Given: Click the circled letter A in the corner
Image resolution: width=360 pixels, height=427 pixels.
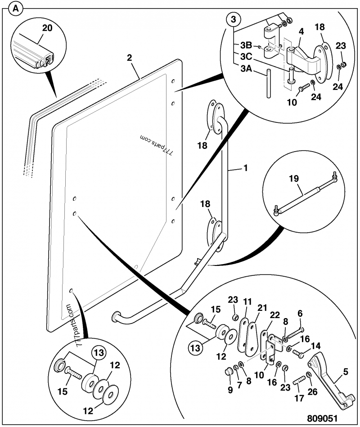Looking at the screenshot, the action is tap(16, 9).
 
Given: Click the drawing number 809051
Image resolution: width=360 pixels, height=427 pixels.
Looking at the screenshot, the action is tap(322, 418).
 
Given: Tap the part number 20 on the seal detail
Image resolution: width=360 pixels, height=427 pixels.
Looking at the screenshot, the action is tap(47, 28).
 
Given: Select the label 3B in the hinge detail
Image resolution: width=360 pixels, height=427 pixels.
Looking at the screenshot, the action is tap(246, 45).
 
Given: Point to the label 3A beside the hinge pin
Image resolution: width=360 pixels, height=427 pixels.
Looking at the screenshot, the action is tap(246, 68).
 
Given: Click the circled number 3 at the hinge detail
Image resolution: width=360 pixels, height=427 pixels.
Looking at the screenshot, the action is tap(234, 20).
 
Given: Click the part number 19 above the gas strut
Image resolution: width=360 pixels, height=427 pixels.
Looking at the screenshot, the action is tap(294, 179).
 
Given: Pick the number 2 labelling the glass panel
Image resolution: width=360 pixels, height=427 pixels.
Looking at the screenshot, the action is tap(129, 58).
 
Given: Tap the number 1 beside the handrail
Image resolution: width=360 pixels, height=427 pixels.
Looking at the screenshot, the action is tap(246, 168).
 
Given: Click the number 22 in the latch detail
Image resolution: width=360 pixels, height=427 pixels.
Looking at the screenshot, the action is tap(275, 315).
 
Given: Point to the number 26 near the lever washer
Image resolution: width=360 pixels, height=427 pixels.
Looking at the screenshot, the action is tap(312, 391).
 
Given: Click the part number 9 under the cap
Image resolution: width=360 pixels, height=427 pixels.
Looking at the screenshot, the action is tap(230, 390).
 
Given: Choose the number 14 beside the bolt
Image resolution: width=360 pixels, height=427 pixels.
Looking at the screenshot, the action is tap(315, 346).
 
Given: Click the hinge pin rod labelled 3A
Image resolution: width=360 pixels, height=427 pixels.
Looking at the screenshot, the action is tap(269, 83).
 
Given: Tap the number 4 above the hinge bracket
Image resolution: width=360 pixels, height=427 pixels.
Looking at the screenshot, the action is tap(301, 31).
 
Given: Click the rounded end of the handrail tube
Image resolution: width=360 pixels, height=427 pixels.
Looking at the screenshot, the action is tap(116, 317).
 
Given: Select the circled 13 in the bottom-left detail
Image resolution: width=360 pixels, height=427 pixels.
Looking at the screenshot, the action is tap(99, 353).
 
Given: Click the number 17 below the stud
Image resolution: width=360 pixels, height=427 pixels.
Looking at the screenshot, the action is tap(299, 398).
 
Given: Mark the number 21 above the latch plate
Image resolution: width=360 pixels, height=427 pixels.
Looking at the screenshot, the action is tap(262, 308).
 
